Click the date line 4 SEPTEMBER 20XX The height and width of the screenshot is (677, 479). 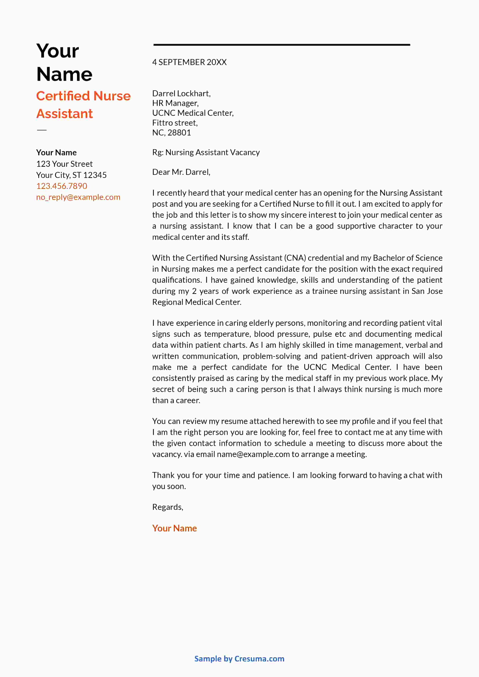(189, 62)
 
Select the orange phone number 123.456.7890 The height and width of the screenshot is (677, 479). (62, 186)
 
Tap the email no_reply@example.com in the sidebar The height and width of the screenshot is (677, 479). (78, 197)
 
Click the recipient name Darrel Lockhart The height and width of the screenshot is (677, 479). (181, 93)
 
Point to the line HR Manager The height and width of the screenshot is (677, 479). (175, 103)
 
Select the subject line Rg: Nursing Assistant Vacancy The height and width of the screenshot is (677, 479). (206, 152)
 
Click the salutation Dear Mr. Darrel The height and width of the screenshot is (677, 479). (181, 172)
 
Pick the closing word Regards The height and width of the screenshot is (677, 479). (167, 507)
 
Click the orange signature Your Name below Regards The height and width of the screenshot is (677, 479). (174, 528)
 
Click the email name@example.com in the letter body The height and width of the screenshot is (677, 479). (253, 454)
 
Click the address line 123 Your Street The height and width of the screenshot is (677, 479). (64, 164)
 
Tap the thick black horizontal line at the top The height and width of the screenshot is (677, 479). (282, 45)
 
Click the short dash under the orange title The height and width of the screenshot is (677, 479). (42, 130)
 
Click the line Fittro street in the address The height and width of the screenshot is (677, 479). (175, 123)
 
